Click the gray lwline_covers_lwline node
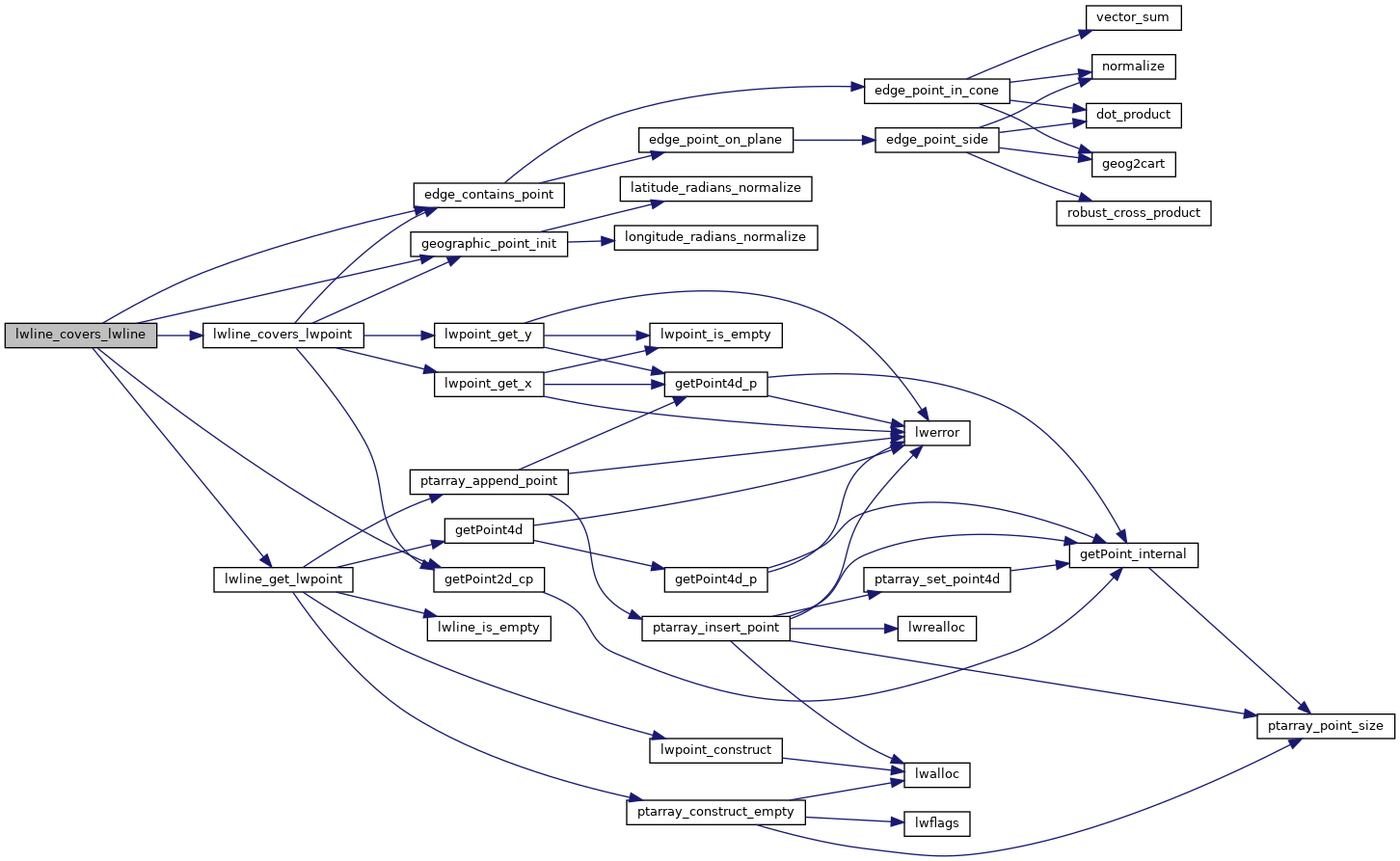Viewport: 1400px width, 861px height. pyautogui.click(x=80, y=335)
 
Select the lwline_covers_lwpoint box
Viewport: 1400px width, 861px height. pyautogui.click(x=283, y=335)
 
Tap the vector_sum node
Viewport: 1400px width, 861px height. pyautogui.click(x=1132, y=17)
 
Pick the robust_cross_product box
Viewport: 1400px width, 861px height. pyautogui.click(x=1133, y=213)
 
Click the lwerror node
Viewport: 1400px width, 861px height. pyautogui.click(x=936, y=433)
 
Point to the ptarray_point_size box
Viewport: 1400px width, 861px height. pyautogui.click(x=1325, y=726)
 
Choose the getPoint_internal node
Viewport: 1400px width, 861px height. pyautogui.click(x=1133, y=554)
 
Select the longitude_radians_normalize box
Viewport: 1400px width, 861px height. pyautogui.click(x=714, y=237)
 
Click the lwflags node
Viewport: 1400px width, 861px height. pyautogui.click(x=936, y=823)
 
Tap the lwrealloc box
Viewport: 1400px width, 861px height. pyautogui.click(x=936, y=628)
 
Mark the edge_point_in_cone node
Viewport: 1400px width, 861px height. pyautogui.click(x=936, y=91)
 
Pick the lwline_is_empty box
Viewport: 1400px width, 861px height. pyautogui.click(x=488, y=628)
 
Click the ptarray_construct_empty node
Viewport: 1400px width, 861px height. pyautogui.click(x=715, y=812)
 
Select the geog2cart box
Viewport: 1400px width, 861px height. pyautogui.click(x=1133, y=164)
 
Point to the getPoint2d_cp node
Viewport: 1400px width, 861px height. pyautogui.click(x=489, y=579)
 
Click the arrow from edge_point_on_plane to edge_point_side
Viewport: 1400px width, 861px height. pyautogui.click(x=833, y=140)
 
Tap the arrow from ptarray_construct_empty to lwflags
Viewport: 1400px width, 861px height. pyautogui.click(x=853, y=820)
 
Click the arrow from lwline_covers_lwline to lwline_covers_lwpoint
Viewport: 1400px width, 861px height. pyautogui.click(x=179, y=335)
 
